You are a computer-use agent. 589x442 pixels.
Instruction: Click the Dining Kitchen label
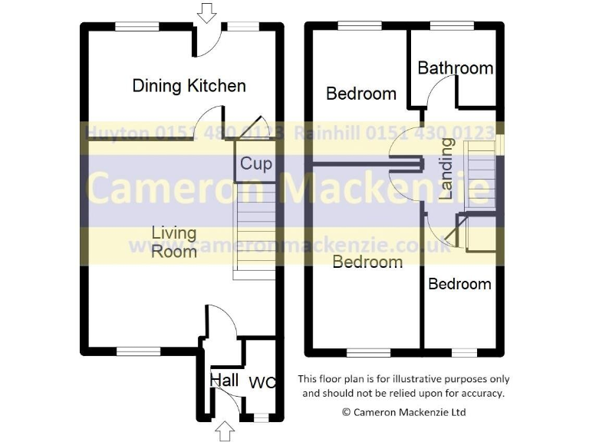[x=189, y=85]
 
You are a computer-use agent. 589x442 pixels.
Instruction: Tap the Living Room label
[x=173, y=241]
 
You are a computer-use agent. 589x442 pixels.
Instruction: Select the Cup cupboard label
[x=255, y=163]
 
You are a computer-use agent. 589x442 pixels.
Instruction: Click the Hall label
[x=224, y=380]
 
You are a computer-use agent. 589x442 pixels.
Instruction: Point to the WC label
[x=262, y=381]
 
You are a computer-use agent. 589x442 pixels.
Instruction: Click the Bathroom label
[x=455, y=68]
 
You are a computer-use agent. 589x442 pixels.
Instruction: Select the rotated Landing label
[x=446, y=174]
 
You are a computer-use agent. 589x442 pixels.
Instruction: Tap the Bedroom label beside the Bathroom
[x=361, y=94]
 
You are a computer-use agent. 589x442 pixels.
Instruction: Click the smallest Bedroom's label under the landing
[x=459, y=284]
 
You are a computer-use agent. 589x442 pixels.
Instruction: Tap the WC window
[x=261, y=418]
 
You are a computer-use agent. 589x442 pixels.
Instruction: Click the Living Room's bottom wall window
[x=138, y=351]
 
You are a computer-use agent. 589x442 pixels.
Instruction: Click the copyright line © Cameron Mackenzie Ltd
[x=403, y=412]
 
